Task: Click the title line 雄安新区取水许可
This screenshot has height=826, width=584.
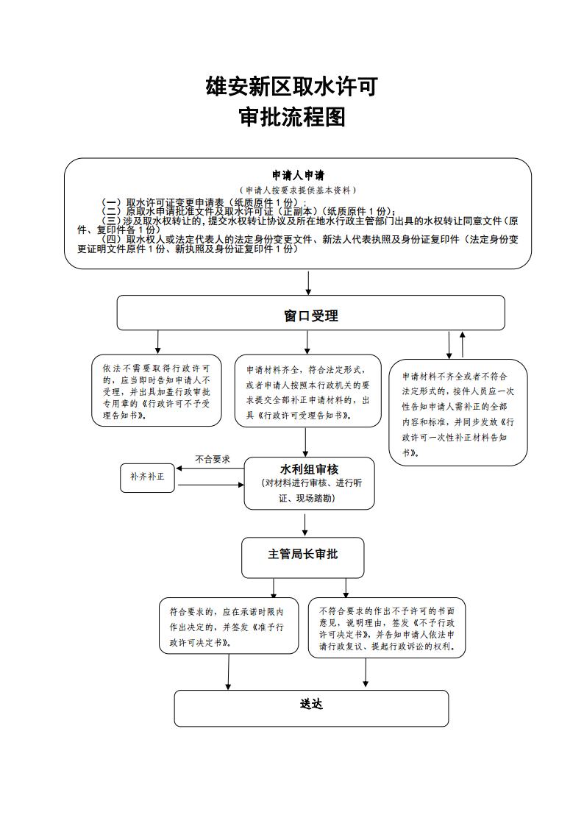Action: pos(292,87)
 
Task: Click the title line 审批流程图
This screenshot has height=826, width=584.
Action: pos(292,117)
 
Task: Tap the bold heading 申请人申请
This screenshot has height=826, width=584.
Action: pos(298,176)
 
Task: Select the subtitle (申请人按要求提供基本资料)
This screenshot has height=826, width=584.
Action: pos(298,190)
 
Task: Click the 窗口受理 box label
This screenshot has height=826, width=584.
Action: pos(310,316)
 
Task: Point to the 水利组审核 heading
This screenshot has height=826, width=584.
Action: pos(309,469)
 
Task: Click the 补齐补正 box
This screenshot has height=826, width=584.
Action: pos(147,477)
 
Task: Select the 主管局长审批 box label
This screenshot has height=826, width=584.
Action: pos(302,554)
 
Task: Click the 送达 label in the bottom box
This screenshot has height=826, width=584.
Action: pos(311,704)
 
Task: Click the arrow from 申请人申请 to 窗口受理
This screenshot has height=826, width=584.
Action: pos(308,282)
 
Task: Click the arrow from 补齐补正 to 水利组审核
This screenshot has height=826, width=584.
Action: pos(210,485)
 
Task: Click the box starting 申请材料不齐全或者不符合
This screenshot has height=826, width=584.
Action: pos(457,412)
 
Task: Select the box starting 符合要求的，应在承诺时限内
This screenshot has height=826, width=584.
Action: pos(232,626)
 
